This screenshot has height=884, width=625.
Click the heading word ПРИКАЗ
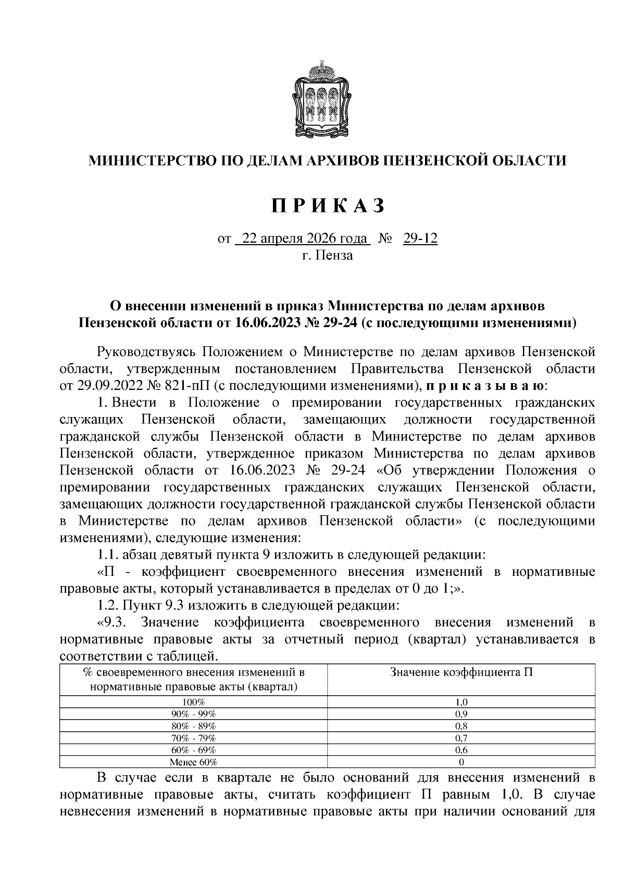coord(329,206)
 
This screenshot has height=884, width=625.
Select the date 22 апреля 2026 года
coord(302,239)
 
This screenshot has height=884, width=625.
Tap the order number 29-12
coord(420,239)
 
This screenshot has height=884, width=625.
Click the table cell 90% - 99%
coord(193,714)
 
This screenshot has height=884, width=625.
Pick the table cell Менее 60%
coord(193,762)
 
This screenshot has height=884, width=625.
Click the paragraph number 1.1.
coord(108,554)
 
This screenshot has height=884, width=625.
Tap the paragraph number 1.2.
coord(108,605)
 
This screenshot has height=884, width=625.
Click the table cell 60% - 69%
coord(193,750)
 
